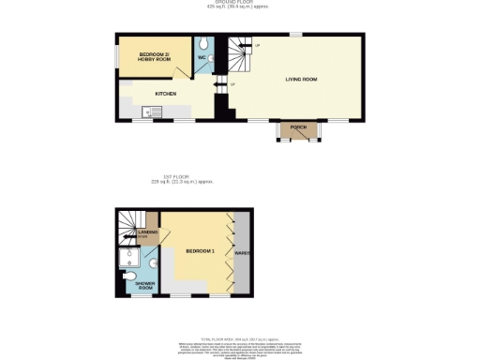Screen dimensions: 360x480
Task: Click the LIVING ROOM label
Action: (301, 80)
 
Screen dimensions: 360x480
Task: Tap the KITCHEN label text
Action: (166, 94)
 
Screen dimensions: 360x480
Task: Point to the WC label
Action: (202, 56)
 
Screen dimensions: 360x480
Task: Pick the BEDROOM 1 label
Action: (200, 252)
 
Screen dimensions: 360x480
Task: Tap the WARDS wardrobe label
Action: (241, 252)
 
